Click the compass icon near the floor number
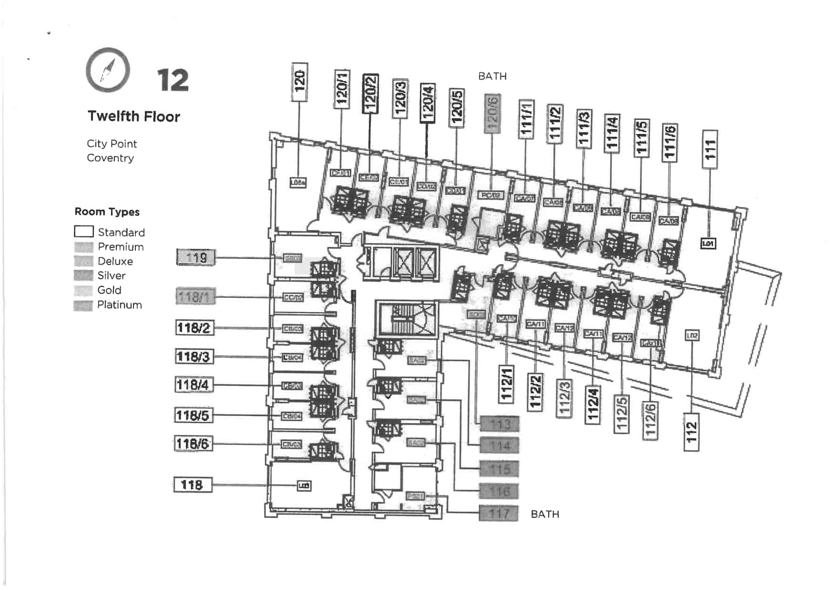(108, 70)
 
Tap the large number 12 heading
(173, 80)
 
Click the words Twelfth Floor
(134, 116)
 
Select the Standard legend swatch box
(84, 232)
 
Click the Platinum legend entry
(119, 305)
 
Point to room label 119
(196, 258)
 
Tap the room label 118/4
(194, 385)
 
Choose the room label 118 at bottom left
(192, 485)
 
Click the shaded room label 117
(499, 514)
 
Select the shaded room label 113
(500, 424)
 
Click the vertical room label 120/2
(370, 94)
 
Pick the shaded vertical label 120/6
(492, 113)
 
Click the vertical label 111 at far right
(710, 149)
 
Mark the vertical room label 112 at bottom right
(691, 432)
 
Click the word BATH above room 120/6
(492, 76)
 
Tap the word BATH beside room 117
(545, 514)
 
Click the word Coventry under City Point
(110, 158)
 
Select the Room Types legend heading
(107, 212)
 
